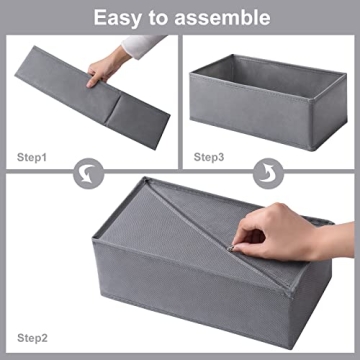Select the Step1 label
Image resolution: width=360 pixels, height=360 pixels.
34,157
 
